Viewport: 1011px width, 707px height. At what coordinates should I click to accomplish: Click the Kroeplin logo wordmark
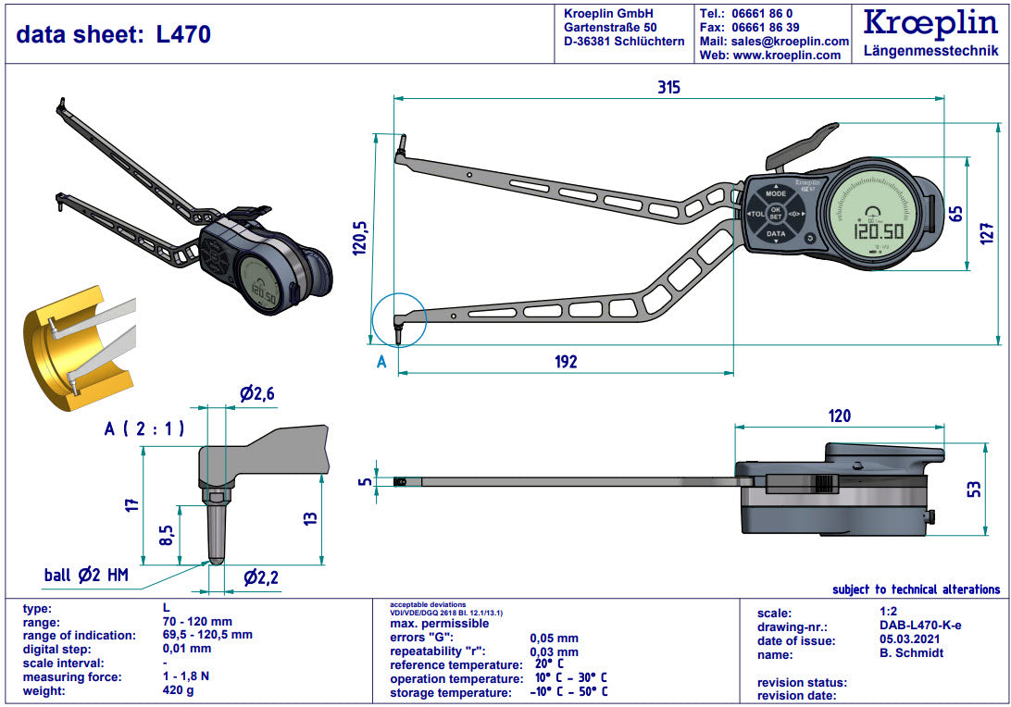[x=930, y=23]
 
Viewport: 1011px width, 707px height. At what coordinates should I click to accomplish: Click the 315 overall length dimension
[x=668, y=87]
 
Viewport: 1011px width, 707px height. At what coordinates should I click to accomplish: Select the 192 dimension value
[x=566, y=362]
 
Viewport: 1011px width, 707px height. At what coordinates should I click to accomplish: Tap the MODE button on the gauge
[x=776, y=193]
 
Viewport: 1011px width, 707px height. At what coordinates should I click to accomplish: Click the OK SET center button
[x=776, y=214]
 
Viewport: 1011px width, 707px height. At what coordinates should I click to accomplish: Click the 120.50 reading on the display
[x=879, y=231]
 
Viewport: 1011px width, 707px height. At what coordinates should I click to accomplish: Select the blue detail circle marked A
[x=399, y=320]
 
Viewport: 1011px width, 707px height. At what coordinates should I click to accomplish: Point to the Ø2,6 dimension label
[x=257, y=393]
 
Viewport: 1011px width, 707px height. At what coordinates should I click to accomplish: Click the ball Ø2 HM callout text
[x=86, y=575]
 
